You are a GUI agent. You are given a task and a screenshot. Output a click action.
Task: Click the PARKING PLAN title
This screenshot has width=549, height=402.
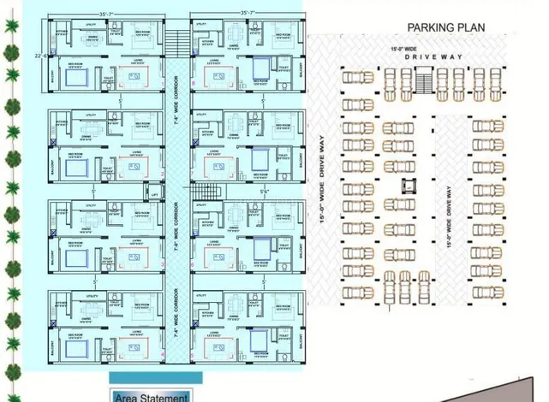(x=445, y=27)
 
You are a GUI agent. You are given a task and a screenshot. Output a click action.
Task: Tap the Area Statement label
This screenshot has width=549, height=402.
(x=151, y=396)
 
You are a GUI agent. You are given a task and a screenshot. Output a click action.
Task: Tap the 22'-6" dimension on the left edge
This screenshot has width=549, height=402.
(x=39, y=56)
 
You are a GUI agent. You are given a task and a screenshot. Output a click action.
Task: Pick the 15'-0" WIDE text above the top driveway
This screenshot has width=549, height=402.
(x=403, y=50)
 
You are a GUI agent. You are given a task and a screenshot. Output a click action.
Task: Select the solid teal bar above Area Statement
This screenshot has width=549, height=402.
(x=150, y=376)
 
